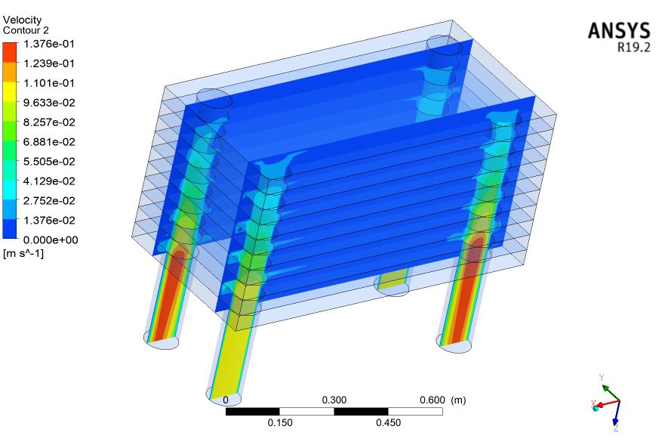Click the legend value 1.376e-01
49,44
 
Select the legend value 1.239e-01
49,63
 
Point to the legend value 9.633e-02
49,103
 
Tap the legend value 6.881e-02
49,142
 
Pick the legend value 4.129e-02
49,181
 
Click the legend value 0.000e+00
51,240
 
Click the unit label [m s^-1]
23,254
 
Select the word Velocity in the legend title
22,20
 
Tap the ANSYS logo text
619,31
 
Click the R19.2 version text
634,48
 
